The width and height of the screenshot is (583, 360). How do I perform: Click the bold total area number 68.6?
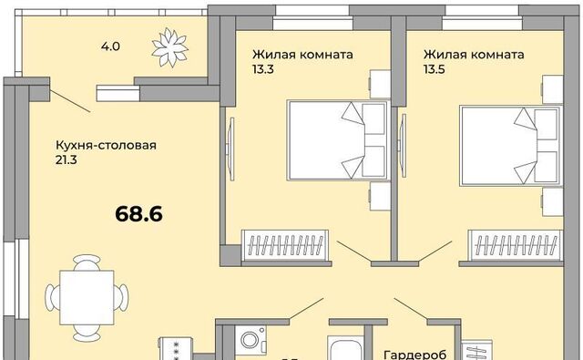pyautogui.click(x=138, y=214)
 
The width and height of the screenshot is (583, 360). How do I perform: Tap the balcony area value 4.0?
pyautogui.click(x=110, y=46)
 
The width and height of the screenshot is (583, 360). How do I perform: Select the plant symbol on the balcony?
pyautogui.click(x=170, y=48)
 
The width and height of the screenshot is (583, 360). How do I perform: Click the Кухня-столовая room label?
pyautogui.click(x=106, y=145)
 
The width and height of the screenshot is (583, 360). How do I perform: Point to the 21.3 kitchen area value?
pyautogui.click(x=66, y=159)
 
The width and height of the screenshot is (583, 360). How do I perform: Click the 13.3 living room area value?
pyautogui.click(x=263, y=69)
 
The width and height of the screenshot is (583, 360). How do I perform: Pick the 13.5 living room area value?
pyautogui.click(x=435, y=69)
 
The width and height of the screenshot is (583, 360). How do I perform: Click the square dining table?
pyautogui.click(x=87, y=298)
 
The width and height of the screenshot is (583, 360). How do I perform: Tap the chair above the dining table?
pyautogui.click(x=87, y=262)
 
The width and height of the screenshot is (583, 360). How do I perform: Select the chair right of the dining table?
pyautogui.click(x=121, y=297)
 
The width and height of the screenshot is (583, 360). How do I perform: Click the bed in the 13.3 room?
pyautogui.click(x=338, y=140)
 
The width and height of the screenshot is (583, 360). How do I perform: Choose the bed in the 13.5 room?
pyautogui.click(x=510, y=146)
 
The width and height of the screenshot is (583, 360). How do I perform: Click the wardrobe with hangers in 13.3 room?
pyautogui.click(x=285, y=245)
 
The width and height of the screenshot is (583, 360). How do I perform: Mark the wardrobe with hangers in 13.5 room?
pyautogui.click(x=515, y=245)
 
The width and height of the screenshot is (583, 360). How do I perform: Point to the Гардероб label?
pyautogui.click(x=415, y=355)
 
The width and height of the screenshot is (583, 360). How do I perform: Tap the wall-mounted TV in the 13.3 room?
pyautogui.click(x=231, y=149)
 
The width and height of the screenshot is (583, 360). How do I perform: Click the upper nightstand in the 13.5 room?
pyautogui.click(x=552, y=89)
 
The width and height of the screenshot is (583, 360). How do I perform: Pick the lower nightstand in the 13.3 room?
pyautogui.click(x=380, y=196)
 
